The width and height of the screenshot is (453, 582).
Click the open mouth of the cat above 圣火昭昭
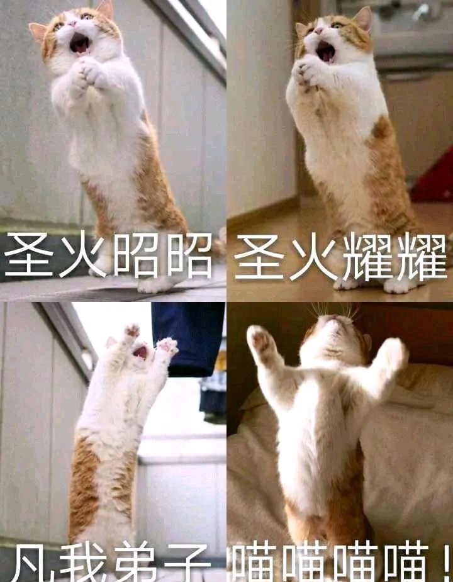(79, 43)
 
